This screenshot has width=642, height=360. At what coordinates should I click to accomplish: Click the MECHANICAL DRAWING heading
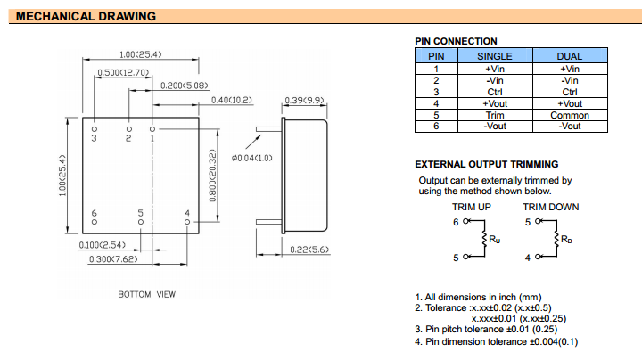pyautogui.click(x=86, y=17)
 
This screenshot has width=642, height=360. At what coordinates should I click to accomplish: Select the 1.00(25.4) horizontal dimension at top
pyautogui.click(x=140, y=54)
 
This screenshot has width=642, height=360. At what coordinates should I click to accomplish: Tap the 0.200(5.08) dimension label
pyautogui.click(x=185, y=86)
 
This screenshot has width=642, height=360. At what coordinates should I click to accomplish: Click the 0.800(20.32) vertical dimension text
pyautogui.click(x=213, y=175)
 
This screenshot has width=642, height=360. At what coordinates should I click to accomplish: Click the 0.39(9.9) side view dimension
pyautogui.click(x=303, y=100)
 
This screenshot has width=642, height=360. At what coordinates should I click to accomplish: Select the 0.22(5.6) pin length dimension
pyautogui.click(x=310, y=250)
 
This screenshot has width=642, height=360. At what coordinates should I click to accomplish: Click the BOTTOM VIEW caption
pyautogui.click(x=147, y=294)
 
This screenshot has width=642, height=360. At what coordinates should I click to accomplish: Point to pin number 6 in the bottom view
pyautogui.click(x=94, y=214)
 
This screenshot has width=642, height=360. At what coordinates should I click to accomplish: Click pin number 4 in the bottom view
pyautogui.click(x=186, y=214)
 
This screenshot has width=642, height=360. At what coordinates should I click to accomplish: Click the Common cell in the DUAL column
pyautogui.click(x=569, y=115)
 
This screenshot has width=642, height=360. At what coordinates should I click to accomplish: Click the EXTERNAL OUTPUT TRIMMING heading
pyautogui.click(x=487, y=164)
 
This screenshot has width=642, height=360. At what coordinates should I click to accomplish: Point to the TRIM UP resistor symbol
pyautogui.click(x=482, y=239)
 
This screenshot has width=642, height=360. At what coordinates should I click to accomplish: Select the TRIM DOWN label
pyautogui.click(x=550, y=207)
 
